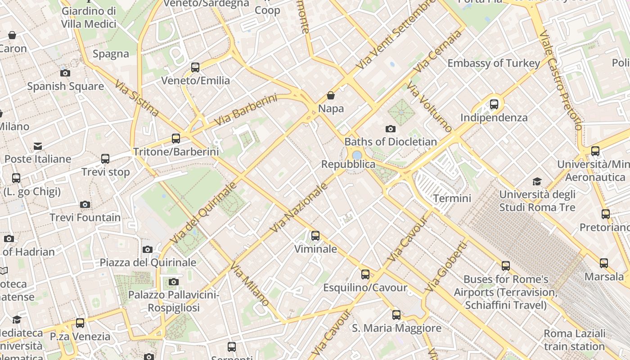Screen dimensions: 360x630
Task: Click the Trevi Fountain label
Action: point(85,218)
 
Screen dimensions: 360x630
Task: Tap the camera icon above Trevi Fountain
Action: point(85,205)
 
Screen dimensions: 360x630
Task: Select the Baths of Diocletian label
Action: point(391,142)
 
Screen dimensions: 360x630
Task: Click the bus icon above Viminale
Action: point(315,235)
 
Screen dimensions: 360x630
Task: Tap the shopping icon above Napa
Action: point(331,95)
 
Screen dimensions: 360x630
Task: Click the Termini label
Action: point(452,198)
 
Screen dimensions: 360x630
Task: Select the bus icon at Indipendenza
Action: point(494,104)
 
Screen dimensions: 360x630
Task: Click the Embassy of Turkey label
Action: point(494,63)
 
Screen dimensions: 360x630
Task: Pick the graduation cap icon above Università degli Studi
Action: point(537,181)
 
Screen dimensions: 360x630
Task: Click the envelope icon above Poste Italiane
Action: point(38,146)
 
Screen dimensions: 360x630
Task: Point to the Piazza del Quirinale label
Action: point(148,262)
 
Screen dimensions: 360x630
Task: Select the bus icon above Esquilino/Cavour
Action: point(365,274)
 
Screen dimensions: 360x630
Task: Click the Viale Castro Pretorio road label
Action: point(561,80)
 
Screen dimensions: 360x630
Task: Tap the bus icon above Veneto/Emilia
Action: point(195,67)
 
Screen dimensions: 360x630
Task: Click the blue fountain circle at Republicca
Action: point(357,155)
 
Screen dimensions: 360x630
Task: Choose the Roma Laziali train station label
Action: point(574,340)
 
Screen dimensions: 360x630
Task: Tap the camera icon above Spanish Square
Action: point(65,73)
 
